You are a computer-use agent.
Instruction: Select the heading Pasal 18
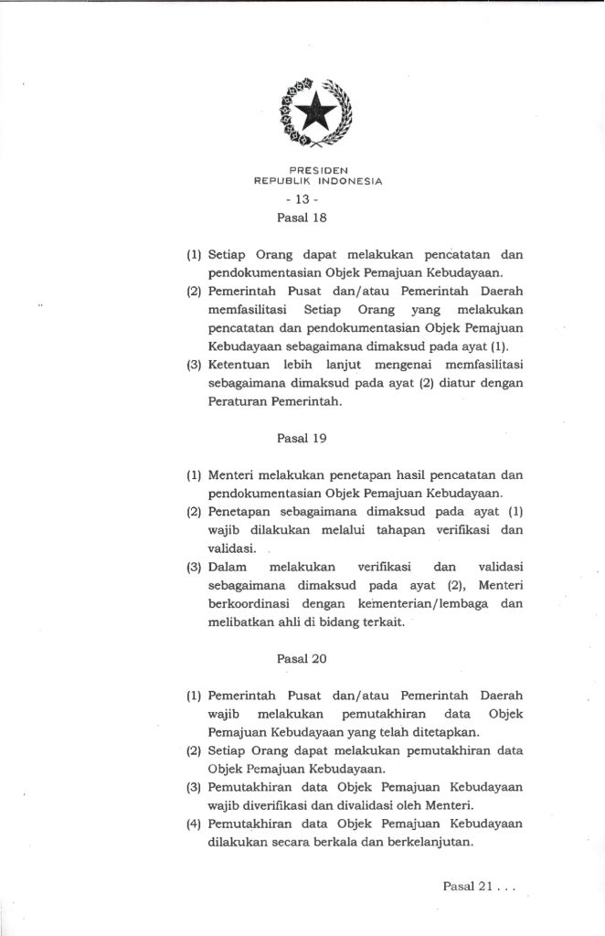(302, 218)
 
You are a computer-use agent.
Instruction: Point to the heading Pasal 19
(302, 438)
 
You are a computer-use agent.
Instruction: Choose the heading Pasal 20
(302, 657)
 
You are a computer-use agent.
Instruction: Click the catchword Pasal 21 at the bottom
(466, 886)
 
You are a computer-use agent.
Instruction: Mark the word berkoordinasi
(253, 605)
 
